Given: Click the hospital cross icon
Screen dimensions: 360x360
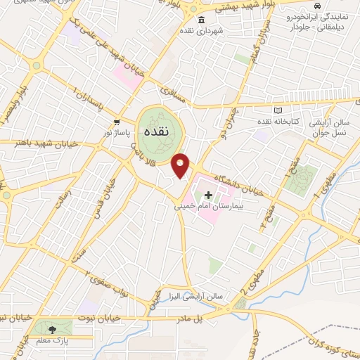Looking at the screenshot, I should point(208,194).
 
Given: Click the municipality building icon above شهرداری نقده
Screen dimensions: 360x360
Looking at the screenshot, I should point(202,19).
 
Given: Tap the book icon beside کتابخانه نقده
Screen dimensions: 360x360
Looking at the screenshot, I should point(278,110).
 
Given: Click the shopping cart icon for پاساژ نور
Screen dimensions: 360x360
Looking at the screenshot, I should point(115,121).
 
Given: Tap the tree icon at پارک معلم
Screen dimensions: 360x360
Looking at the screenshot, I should point(53,328).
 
